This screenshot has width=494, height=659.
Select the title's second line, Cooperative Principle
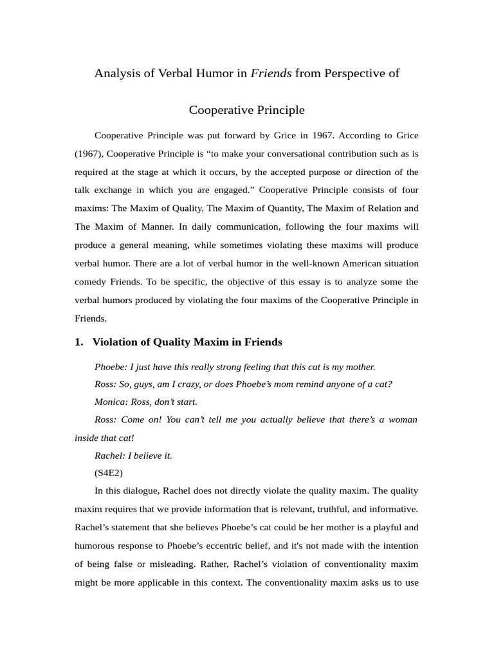click(247, 110)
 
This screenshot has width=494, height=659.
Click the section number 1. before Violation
click(79, 342)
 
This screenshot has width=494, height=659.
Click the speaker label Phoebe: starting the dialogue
click(111, 367)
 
